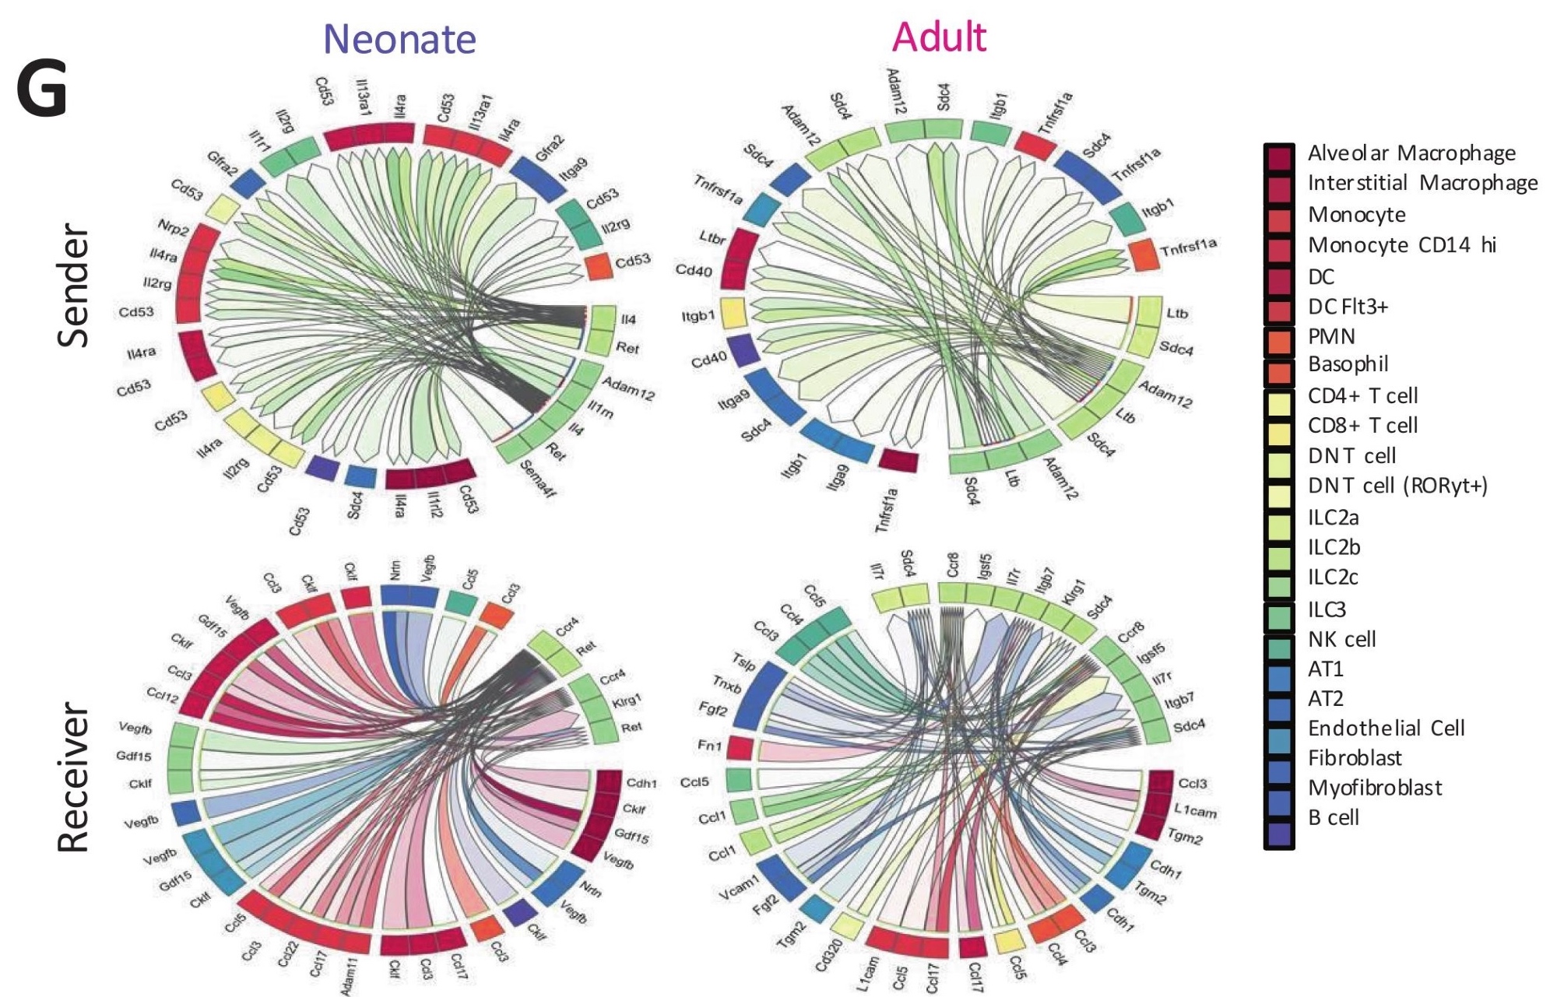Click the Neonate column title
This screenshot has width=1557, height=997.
coord(399,39)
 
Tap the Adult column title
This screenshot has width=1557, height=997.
coord(939,37)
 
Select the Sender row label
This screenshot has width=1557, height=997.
coord(75,285)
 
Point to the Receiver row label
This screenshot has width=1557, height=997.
coord(75,778)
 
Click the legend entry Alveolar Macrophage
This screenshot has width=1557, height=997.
coord(1411,153)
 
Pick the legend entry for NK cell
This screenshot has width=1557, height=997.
coord(1341,640)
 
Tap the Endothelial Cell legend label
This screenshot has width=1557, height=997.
coord(1386,728)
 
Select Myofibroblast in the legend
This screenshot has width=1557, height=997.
coord(1375,788)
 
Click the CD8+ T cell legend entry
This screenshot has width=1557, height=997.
coord(1362,426)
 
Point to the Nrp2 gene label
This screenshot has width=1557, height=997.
coord(174,229)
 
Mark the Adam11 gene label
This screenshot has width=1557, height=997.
coord(347,976)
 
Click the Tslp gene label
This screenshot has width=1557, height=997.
coord(744,662)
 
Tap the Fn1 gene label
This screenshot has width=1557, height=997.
coord(709,746)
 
